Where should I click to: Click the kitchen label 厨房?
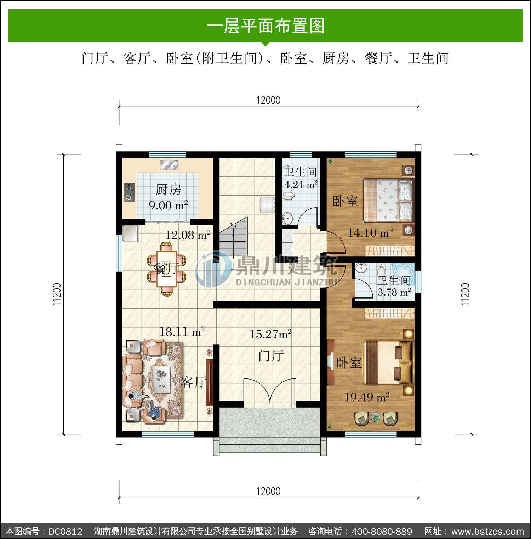(x=169, y=190)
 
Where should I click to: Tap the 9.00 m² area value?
(x=168, y=205)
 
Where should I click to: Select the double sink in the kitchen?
(x=169, y=165)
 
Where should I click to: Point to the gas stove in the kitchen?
(x=130, y=192)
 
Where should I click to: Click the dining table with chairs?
(x=166, y=269)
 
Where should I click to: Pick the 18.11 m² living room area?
(x=182, y=332)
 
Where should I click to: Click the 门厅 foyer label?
(x=271, y=355)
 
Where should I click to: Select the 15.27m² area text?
(x=270, y=334)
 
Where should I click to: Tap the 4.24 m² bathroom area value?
(x=301, y=185)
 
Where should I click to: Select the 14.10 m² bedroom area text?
(x=370, y=233)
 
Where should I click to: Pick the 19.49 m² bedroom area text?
(x=367, y=397)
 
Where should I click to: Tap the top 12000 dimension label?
(x=268, y=100)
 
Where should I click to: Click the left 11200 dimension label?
(x=57, y=294)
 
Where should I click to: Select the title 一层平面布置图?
(x=265, y=26)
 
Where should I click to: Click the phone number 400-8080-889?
(x=382, y=532)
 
